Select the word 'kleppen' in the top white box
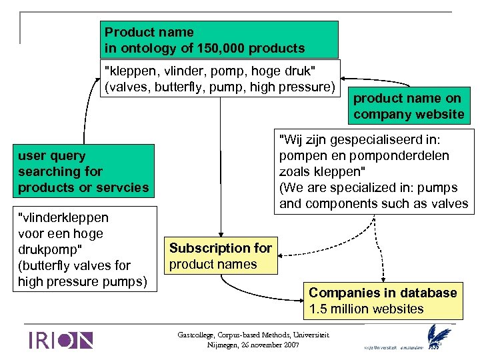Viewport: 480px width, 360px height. point(127,71)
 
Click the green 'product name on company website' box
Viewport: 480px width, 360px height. point(409,106)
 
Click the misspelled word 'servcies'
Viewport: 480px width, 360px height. point(125,188)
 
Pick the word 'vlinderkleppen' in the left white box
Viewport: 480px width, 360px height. point(64,217)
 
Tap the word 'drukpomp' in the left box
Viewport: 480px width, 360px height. point(47,249)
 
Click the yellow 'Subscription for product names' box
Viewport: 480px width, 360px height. point(220,256)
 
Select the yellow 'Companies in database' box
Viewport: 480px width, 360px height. point(383,301)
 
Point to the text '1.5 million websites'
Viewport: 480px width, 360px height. point(367,309)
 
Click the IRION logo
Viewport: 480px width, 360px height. point(60,340)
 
